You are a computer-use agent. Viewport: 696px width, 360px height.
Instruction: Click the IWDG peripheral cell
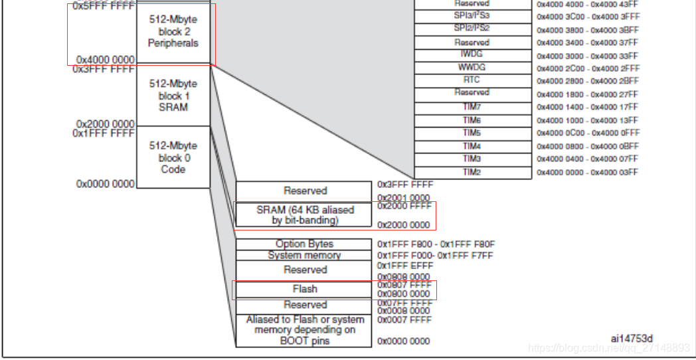tap(472, 54)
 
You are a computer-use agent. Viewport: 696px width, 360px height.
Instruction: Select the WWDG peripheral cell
tap(472, 68)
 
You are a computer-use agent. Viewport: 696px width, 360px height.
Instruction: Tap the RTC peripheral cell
tap(472, 80)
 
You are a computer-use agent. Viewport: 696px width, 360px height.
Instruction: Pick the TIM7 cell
tap(472, 107)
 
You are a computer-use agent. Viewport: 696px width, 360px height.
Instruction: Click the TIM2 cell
tap(472, 173)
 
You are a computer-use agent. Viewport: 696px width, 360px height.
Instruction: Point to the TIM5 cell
tap(472, 133)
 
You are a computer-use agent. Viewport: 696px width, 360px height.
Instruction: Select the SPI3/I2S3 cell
tap(472, 16)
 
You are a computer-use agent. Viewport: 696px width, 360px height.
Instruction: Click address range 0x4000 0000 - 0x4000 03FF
tap(587, 173)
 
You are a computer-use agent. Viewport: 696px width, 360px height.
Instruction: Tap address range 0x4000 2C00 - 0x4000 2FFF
tap(587, 68)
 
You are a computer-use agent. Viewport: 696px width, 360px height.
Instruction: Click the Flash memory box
tap(305, 290)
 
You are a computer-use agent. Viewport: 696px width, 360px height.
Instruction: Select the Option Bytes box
tap(305, 244)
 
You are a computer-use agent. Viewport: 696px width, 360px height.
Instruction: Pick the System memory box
tap(305, 255)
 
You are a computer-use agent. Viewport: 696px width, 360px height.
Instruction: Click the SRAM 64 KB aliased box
tap(305, 215)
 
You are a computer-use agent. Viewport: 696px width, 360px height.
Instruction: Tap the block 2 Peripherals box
tap(173, 32)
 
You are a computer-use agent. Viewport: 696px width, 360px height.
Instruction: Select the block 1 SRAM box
tap(173, 96)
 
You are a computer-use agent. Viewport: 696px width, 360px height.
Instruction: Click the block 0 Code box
tap(173, 157)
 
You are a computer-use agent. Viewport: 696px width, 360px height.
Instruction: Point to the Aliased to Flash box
tap(305, 329)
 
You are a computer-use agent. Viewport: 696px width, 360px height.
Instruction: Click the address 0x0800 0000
tap(404, 294)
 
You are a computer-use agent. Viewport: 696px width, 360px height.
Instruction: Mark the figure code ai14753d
tap(632, 339)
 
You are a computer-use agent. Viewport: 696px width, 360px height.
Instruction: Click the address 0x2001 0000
tap(404, 198)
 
